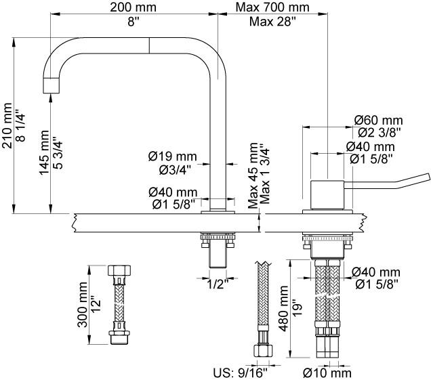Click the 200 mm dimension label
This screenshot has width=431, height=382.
coord(134,7)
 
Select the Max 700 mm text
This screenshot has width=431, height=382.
coord(272,7)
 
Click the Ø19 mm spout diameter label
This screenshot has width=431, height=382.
coord(173,156)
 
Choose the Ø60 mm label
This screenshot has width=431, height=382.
coord(378,119)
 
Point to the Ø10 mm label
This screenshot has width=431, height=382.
coord(327,372)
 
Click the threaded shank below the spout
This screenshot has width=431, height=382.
coord(218,255)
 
